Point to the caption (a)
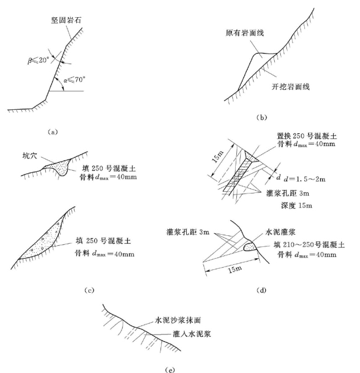pyautogui.click(x=51, y=132)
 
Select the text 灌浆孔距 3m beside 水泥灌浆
pyautogui.click(x=187, y=230)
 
